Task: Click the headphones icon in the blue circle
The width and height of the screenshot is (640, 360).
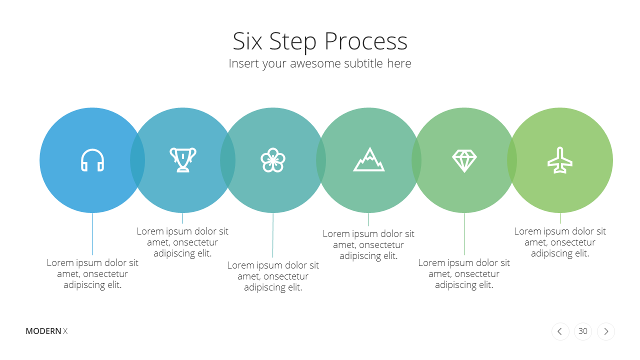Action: [92, 160]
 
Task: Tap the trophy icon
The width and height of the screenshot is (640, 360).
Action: [183, 159]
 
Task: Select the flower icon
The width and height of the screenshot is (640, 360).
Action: [273, 160]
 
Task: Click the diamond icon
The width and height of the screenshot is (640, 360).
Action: [464, 160]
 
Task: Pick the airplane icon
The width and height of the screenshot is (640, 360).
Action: [560, 160]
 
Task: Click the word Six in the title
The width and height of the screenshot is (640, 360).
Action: [247, 41]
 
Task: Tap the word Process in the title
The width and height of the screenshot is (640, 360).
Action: [366, 41]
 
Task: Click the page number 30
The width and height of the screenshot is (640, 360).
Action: [583, 331]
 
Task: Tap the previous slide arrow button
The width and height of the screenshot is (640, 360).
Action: [560, 331]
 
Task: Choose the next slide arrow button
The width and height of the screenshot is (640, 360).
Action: [605, 331]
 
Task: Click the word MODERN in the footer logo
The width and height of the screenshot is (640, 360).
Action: [43, 331]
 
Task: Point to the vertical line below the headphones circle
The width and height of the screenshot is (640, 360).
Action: [92, 233]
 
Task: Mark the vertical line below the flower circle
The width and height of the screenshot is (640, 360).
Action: [273, 235]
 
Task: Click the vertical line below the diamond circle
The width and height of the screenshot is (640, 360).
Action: [464, 233]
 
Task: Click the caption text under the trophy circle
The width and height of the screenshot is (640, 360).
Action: [182, 242]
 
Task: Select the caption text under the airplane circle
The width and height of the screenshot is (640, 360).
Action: [560, 242]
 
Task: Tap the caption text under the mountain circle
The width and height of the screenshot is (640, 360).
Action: [368, 245]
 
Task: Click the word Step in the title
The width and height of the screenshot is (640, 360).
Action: [293, 42]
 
